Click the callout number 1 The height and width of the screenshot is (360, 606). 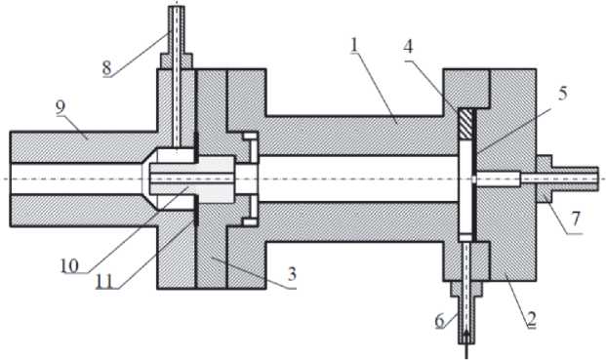(x=354, y=46)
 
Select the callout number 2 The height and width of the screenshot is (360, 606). (x=532, y=319)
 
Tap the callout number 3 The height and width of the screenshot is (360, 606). (x=292, y=274)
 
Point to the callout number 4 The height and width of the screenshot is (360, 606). (x=408, y=46)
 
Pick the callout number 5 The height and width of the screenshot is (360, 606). (x=562, y=93)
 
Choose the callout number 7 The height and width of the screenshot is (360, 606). (x=576, y=219)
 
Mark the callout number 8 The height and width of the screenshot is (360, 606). (x=106, y=68)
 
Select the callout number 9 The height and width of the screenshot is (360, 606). (x=60, y=107)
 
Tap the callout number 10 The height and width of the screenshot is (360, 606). (x=69, y=265)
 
